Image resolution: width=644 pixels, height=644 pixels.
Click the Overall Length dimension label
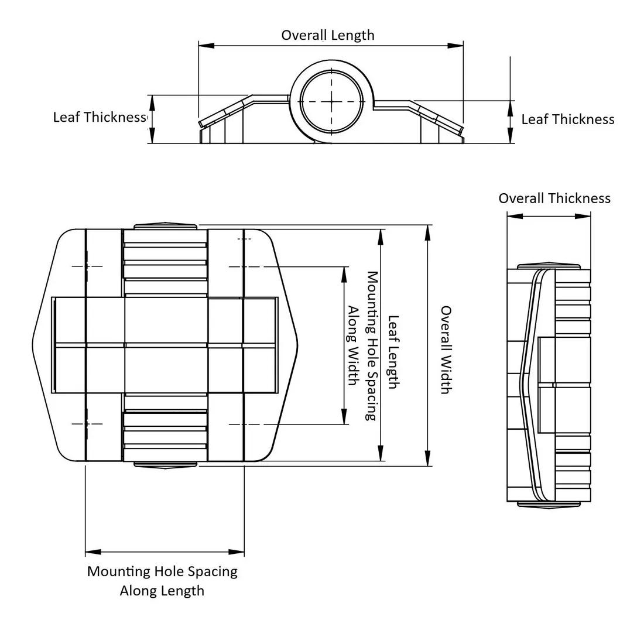[x=328, y=35]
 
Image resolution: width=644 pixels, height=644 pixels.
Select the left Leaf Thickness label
[x=99, y=117]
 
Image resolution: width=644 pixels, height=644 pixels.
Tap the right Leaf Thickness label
[x=568, y=119]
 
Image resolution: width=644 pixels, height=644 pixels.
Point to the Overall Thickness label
[x=554, y=198]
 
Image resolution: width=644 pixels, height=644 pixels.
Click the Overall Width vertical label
[x=446, y=350]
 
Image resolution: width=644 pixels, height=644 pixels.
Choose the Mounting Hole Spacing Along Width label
[x=362, y=345]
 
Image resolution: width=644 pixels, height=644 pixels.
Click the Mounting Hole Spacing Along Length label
[x=162, y=580]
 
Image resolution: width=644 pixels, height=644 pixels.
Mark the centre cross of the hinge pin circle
[x=331, y=101]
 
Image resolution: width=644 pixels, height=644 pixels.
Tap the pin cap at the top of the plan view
[x=165, y=226]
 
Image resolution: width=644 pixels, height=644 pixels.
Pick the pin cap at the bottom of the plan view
[x=165, y=465]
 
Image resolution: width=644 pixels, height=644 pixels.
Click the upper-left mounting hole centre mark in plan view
[x=87, y=266]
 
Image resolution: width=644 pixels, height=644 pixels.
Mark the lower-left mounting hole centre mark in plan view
[x=87, y=423]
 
